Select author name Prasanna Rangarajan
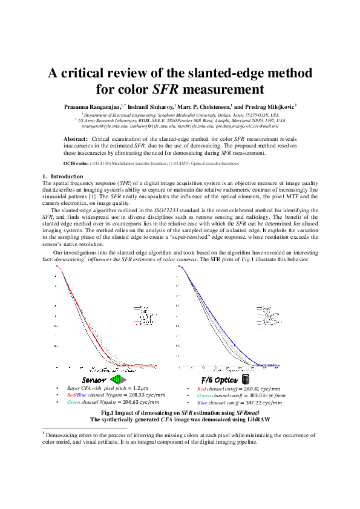pyautogui.click(x=92, y=106)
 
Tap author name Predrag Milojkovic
pyautogui.click(x=268, y=106)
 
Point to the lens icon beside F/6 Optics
pyautogui.click(x=246, y=379)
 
